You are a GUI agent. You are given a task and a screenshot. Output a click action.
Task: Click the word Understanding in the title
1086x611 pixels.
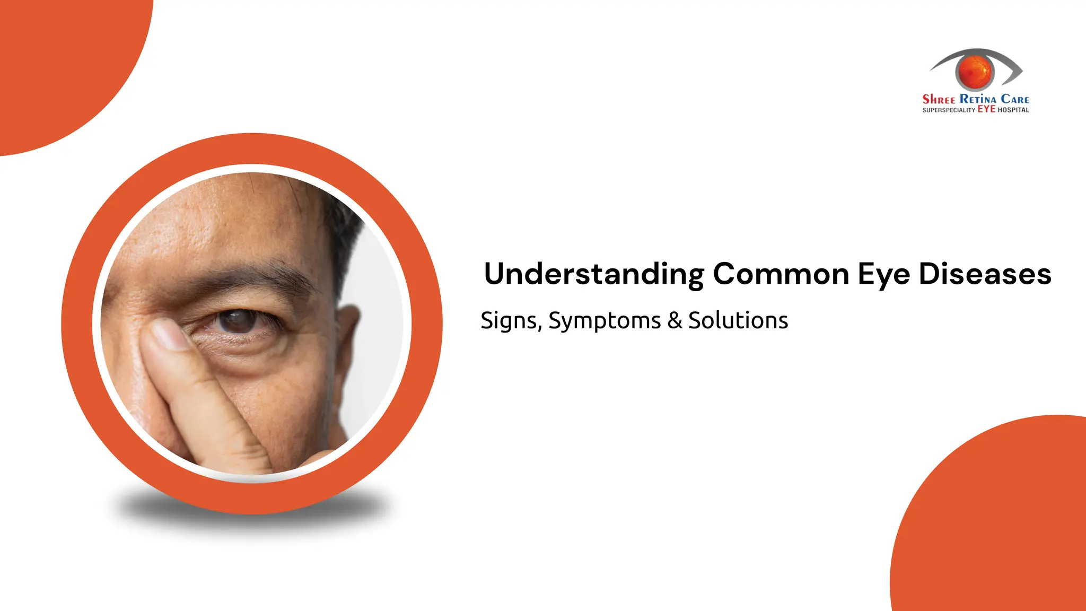[594, 274]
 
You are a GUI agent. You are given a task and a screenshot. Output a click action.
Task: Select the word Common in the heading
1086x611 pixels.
[781, 274]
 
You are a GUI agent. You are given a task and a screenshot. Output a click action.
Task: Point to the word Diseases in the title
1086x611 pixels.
[985, 274]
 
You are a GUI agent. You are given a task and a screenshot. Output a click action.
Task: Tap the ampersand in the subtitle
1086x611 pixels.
[675, 320]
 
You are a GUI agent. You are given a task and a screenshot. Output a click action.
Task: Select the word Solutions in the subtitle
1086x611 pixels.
[738, 320]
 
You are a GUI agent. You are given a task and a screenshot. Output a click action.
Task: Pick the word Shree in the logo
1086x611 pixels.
[939, 99]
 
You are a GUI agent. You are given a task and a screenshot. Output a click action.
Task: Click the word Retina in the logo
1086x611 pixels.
[978, 99]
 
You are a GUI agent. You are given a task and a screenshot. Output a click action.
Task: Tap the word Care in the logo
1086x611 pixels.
[1015, 99]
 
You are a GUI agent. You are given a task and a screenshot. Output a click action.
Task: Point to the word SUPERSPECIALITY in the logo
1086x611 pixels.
[949, 110]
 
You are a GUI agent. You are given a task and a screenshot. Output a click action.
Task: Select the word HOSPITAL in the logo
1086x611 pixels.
[1013, 110]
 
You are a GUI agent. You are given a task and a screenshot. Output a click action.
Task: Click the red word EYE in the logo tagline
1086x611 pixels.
[986, 109]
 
